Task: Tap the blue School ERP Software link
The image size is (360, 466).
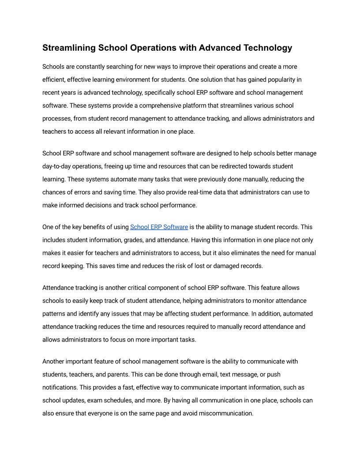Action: tap(159, 227)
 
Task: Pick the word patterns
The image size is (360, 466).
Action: tap(54, 314)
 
